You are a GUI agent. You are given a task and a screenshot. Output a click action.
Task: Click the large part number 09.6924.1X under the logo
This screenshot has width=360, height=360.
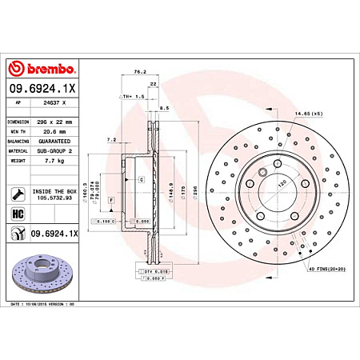click(42, 90)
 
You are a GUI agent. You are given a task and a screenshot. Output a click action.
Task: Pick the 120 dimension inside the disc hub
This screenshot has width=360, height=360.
click(281, 183)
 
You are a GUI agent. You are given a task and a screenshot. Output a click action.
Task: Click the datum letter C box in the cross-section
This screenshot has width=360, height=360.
click(140, 180)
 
